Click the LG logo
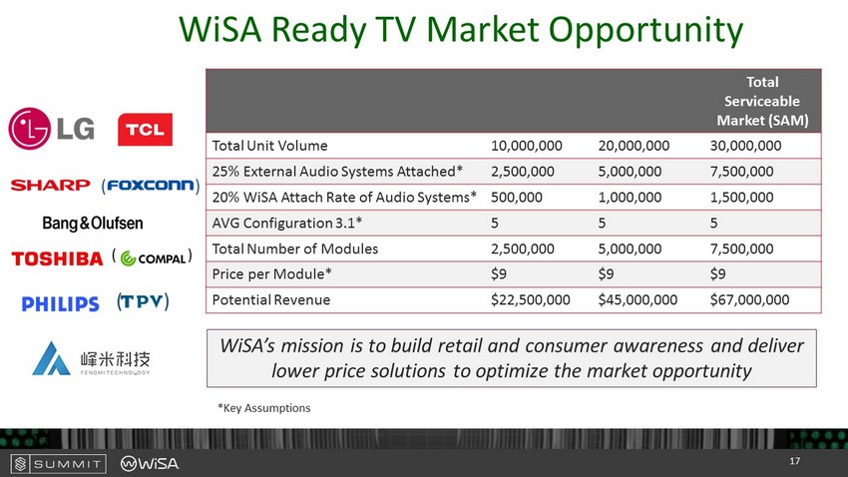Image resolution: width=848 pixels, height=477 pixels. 51,128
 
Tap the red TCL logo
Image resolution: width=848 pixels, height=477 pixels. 145,130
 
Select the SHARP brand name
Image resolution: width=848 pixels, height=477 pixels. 50,185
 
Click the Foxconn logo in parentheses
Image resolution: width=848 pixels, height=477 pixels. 151,186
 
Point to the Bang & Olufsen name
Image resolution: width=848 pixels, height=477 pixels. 93,223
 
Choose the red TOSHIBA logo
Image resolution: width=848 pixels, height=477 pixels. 57,259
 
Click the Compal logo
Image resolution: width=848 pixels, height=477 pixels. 153,258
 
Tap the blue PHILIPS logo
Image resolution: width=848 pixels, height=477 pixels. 60,303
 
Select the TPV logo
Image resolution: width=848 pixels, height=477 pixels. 143,301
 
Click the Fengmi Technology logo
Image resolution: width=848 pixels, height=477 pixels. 91,358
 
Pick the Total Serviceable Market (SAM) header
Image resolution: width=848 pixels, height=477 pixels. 762,101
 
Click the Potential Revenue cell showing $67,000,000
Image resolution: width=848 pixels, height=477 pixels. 749,299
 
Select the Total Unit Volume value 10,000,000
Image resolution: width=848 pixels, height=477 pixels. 526,146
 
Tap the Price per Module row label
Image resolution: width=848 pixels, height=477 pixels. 271,274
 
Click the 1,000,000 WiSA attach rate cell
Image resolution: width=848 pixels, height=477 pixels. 630,198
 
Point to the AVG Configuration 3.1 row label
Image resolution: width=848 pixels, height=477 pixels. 286,223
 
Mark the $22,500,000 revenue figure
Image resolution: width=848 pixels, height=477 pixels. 530,299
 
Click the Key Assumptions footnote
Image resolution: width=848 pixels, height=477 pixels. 264,408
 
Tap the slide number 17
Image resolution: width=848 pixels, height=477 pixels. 794,461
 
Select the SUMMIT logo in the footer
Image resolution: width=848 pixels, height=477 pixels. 59,463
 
